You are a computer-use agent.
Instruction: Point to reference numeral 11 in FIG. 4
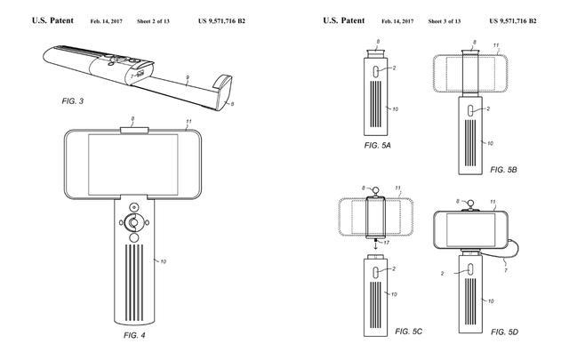(x=188, y=120)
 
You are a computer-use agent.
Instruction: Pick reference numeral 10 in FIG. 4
(x=163, y=261)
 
